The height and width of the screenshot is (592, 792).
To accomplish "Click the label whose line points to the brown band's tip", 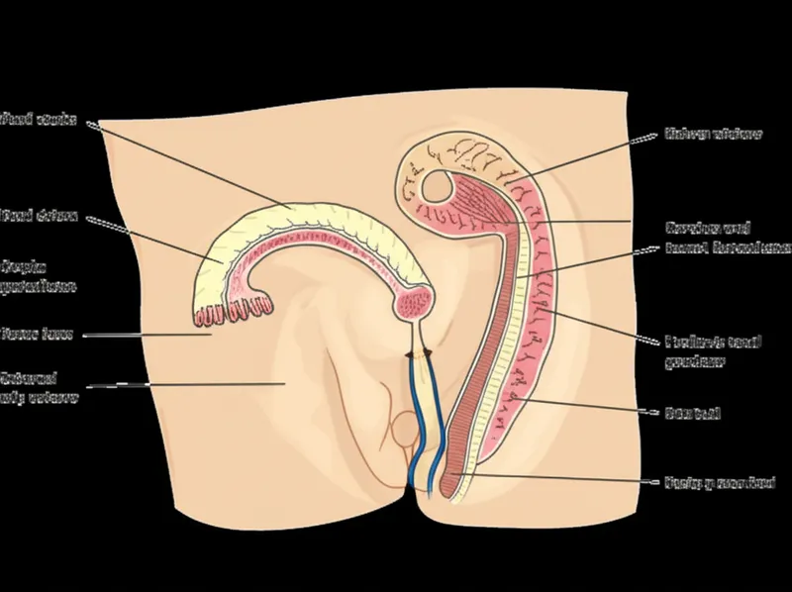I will click(x=702, y=484).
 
